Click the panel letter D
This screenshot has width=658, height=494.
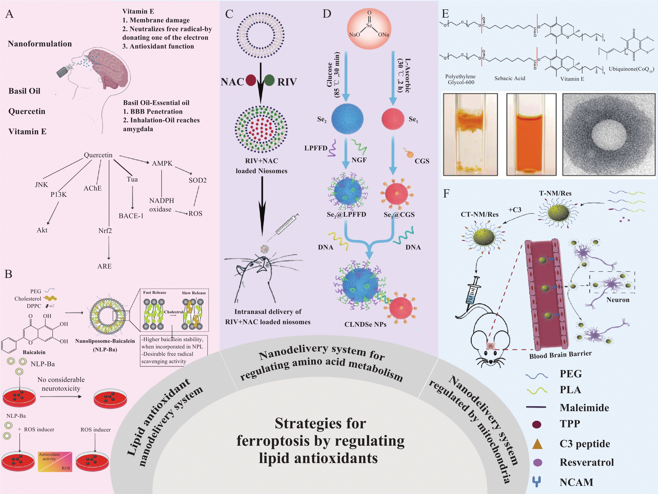pos(327,14)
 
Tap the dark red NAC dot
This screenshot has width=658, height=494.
pos(251,80)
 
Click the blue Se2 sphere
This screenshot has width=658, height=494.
pos(347,119)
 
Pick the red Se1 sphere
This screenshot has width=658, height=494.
pos(393,119)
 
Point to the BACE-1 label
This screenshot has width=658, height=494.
pos(131,216)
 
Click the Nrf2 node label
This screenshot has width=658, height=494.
pos(105,231)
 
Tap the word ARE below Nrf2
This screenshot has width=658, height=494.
pos(104,266)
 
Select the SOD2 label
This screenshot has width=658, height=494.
pos(198,180)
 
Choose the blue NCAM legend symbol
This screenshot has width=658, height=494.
pos(536,482)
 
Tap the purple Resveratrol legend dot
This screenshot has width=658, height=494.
pos(537,462)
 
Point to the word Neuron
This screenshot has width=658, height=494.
pos(618,300)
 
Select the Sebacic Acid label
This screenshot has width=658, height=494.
pos(509,78)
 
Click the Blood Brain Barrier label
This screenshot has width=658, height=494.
pos(560,355)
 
